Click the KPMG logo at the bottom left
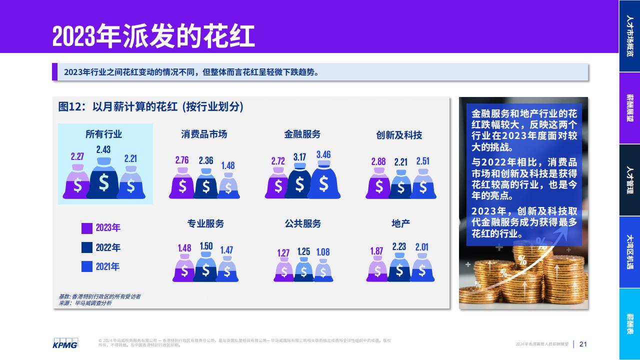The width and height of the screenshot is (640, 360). (65, 343)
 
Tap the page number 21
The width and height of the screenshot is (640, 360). (583, 344)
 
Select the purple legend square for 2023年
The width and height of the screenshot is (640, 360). (87, 228)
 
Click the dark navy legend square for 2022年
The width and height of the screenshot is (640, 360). (87, 247)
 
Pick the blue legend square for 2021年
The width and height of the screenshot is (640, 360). (87, 266)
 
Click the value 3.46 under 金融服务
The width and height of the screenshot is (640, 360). (323, 154)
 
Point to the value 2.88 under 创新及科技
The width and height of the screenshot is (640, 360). (378, 161)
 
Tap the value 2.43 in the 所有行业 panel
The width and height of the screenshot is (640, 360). (103, 149)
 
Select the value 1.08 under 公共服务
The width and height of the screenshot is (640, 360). (323, 252)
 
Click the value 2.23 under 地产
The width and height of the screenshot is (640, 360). (399, 246)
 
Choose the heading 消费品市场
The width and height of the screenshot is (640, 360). (204, 134)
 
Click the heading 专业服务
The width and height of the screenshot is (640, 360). (205, 223)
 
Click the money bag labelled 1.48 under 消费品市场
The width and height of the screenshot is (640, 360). (228, 185)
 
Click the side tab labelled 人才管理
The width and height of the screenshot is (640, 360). (629, 180)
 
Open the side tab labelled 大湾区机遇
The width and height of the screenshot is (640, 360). (629, 252)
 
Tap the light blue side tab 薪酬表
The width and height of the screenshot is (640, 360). (629, 324)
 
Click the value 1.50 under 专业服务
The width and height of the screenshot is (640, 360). (206, 246)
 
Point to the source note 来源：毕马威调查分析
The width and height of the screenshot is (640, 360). (85, 303)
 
